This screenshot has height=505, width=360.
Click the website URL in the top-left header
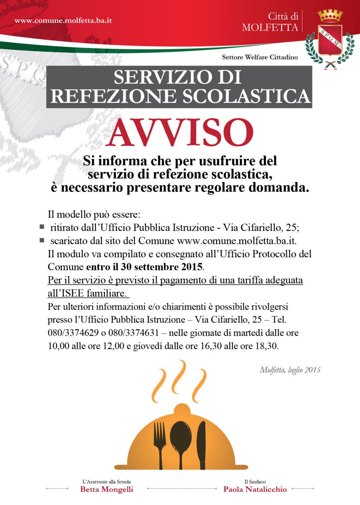coord(63,20)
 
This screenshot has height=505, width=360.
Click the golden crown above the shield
coord(330,16)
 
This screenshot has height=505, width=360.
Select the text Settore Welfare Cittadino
coord(260,57)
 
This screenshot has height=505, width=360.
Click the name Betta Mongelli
coord(107,489)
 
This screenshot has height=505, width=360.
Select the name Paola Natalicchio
coord(255,489)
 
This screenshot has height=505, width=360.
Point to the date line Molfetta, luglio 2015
coord(290,370)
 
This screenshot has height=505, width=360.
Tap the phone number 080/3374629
coord(73,332)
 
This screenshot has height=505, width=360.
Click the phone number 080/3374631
coord(134,332)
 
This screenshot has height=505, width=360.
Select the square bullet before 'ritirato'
coord(42,227)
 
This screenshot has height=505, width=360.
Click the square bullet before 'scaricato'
coord(42,240)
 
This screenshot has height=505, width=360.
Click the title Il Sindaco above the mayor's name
coord(255,481)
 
